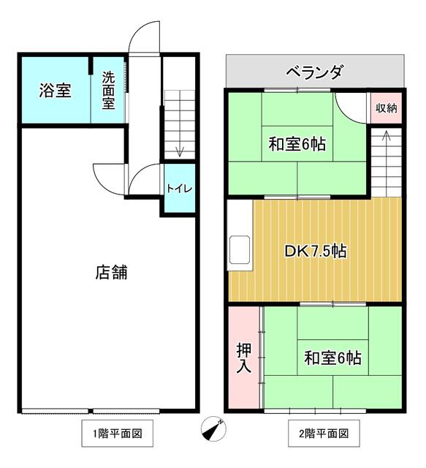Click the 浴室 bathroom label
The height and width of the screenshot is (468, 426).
click(x=56, y=91)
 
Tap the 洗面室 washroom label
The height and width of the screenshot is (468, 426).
click(x=109, y=91)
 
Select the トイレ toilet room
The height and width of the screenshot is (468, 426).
click(x=180, y=189)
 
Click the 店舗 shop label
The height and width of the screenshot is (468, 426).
click(x=111, y=272)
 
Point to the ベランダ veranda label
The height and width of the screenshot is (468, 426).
click(x=315, y=72)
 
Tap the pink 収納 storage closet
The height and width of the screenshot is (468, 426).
click(x=387, y=107)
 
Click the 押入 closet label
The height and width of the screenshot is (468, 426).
click(x=244, y=358)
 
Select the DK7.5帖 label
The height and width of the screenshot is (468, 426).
click(x=316, y=252)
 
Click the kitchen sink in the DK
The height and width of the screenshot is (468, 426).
click(x=240, y=249)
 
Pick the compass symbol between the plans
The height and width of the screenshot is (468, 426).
click(x=213, y=429)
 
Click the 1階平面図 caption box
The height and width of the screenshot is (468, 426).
click(x=118, y=433)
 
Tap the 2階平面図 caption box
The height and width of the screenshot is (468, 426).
click(x=324, y=433)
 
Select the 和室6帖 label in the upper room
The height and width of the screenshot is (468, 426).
click(x=297, y=144)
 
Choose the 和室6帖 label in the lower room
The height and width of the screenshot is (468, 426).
click(x=332, y=358)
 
